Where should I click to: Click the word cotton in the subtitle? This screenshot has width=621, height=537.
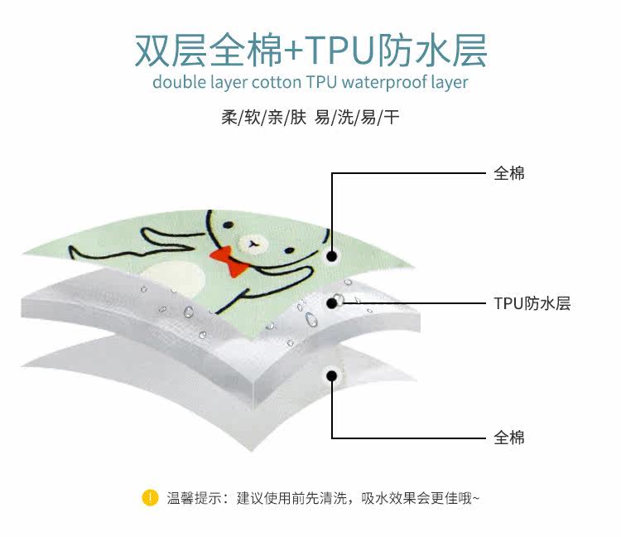click(x=279, y=83)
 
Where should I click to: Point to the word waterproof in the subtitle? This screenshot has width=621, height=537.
click(x=383, y=83)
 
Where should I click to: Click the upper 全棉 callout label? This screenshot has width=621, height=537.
click(x=509, y=173)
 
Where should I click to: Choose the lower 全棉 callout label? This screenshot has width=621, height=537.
click(x=509, y=438)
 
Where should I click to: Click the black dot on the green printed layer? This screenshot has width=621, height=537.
click(x=332, y=256)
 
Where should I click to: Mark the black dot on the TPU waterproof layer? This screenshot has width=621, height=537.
click(x=333, y=302)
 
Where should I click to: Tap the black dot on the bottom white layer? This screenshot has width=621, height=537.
click(x=332, y=375)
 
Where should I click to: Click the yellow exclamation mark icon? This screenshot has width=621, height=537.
click(x=150, y=498)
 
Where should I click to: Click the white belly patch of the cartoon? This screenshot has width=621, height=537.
click(x=177, y=278)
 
